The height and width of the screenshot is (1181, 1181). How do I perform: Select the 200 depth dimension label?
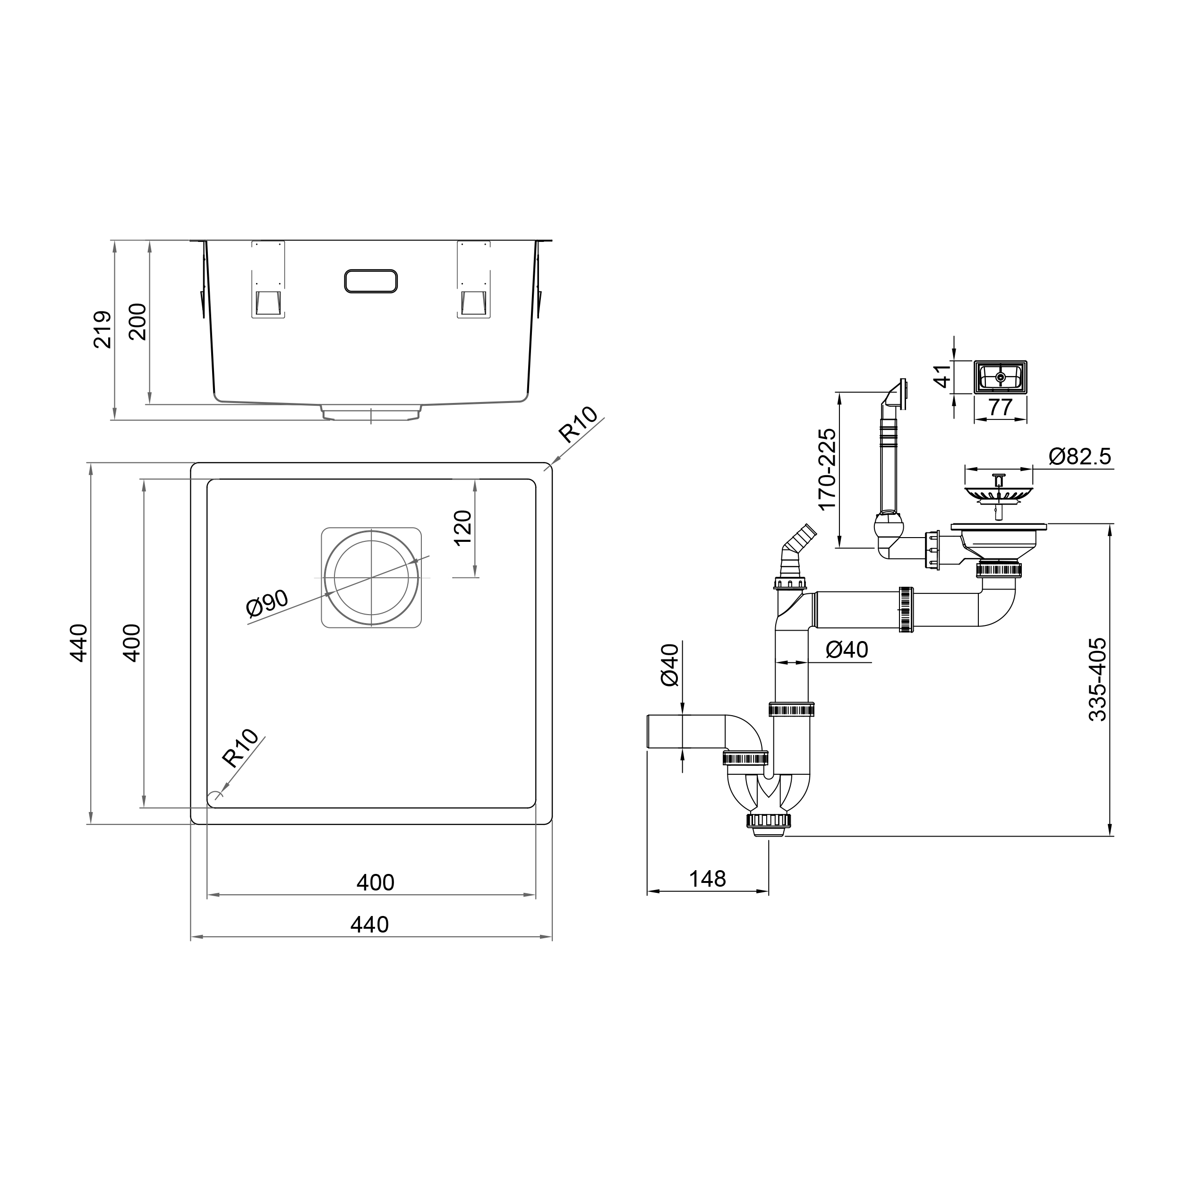click(x=138, y=322)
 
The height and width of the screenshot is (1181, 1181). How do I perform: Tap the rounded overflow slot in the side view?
click(x=371, y=281)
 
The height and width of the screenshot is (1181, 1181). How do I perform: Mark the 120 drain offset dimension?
click(x=463, y=528)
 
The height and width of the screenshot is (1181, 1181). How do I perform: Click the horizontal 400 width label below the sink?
click(x=376, y=883)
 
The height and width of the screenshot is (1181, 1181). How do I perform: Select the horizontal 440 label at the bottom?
click(x=370, y=925)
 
